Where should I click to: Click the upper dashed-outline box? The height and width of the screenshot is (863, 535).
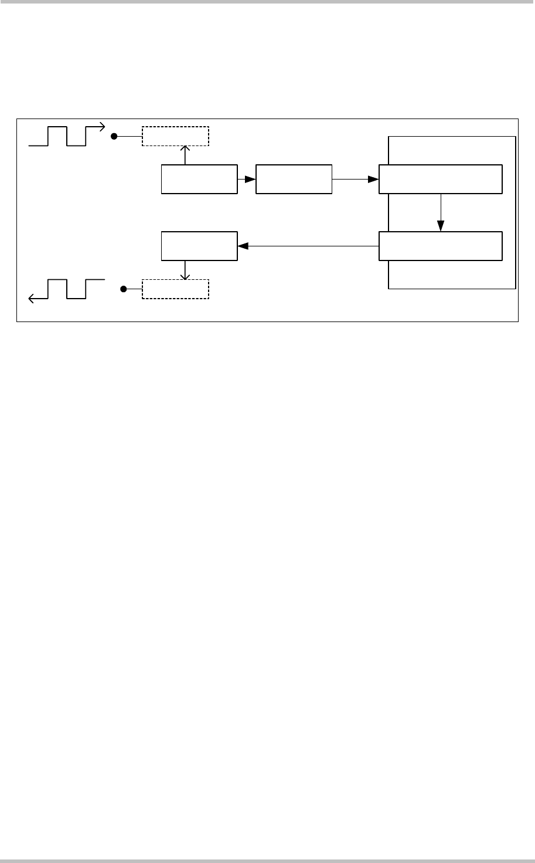tap(175, 136)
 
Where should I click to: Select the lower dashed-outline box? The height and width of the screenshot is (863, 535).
tap(175, 289)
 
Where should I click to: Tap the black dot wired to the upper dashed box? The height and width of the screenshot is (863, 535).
tap(115, 136)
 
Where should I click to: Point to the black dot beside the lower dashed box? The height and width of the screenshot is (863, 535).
tap(123, 289)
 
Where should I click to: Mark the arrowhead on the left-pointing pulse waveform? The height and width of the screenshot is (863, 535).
tap(32, 299)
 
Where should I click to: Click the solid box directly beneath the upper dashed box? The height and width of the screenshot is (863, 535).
tap(199, 180)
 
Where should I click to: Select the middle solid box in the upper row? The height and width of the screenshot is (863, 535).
tap(294, 180)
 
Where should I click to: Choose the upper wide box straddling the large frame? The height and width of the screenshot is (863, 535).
tap(440, 180)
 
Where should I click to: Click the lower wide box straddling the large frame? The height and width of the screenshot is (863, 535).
tap(440, 246)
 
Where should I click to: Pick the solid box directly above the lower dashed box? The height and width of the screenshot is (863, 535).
tap(199, 246)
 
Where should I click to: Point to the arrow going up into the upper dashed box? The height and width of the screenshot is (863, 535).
tap(185, 155)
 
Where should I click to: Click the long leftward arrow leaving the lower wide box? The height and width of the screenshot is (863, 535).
tap(308, 247)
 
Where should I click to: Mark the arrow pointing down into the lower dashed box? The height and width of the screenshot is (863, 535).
tap(185, 270)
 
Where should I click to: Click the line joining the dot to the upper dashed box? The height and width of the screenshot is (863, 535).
tap(129, 136)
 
